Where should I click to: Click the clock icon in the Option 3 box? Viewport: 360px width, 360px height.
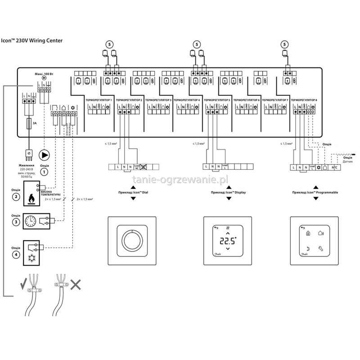pyautogui.click(x=31, y=221)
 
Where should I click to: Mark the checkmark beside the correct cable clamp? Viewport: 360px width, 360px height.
pyautogui.click(x=22, y=284)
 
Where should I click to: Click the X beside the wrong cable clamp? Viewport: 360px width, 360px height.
pyautogui.click(x=77, y=284)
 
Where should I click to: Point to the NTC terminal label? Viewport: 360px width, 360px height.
pyautogui.click(x=334, y=167)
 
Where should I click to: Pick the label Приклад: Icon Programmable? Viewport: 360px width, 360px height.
pyautogui.click(x=315, y=192)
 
